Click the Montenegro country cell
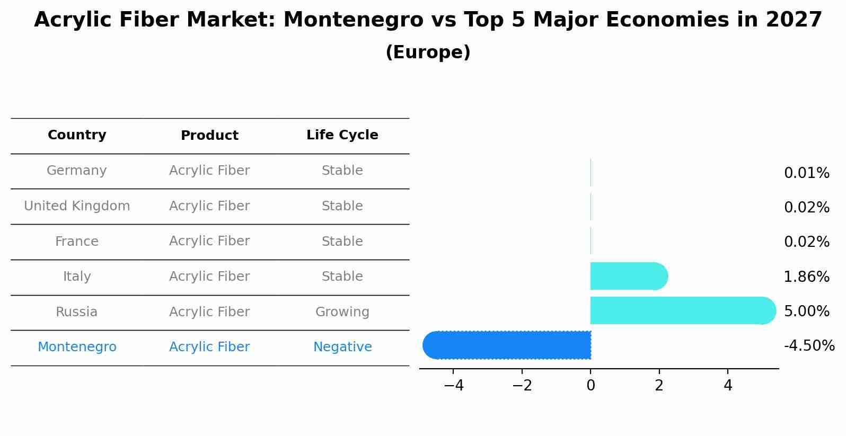[77, 347]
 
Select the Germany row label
[77, 171]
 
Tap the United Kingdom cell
[77, 206]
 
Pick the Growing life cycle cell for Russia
[342, 312]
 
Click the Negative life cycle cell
[342, 347]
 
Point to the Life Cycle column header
[342, 135]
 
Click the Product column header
[209, 136]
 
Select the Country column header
[77, 135]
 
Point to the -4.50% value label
[809, 346]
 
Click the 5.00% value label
[806, 311]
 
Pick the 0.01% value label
[806, 173]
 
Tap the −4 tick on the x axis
[454, 386]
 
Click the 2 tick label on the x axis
[659, 386]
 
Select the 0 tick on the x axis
[591, 386]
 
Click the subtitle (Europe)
[428, 52]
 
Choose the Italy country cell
[77, 277]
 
